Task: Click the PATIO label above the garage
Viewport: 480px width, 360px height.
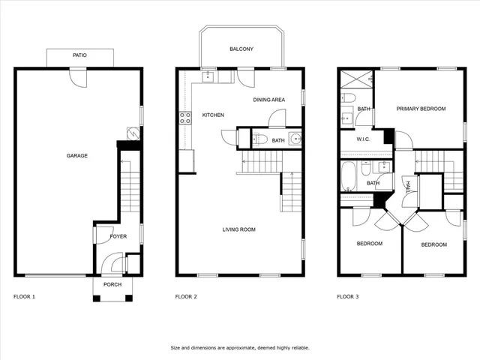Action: click(x=79, y=55)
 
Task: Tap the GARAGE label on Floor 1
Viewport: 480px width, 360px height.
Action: click(x=77, y=156)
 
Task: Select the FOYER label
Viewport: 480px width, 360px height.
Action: click(x=118, y=236)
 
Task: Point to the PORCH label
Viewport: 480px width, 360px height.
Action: click(x=112, y=284)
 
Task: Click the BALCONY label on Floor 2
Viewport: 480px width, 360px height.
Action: click(x=241, y=49)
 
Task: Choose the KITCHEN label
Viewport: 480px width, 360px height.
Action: click(x=214, y=115)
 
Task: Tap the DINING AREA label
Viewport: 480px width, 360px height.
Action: click(x=268, y=99)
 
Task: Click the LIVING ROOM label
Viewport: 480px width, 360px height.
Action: click(x=239, y=229)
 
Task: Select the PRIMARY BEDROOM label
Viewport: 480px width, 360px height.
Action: click(x=421, y=109)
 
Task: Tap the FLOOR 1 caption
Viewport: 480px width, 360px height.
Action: click(x=25, y=297)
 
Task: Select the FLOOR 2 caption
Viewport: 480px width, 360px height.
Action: click(x=186, y=297)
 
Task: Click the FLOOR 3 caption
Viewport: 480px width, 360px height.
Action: click(x=347, y=297)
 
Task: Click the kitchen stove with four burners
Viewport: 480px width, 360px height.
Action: click(x=184, y=117)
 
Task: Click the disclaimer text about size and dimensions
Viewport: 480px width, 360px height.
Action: click(x=240, y=348)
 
